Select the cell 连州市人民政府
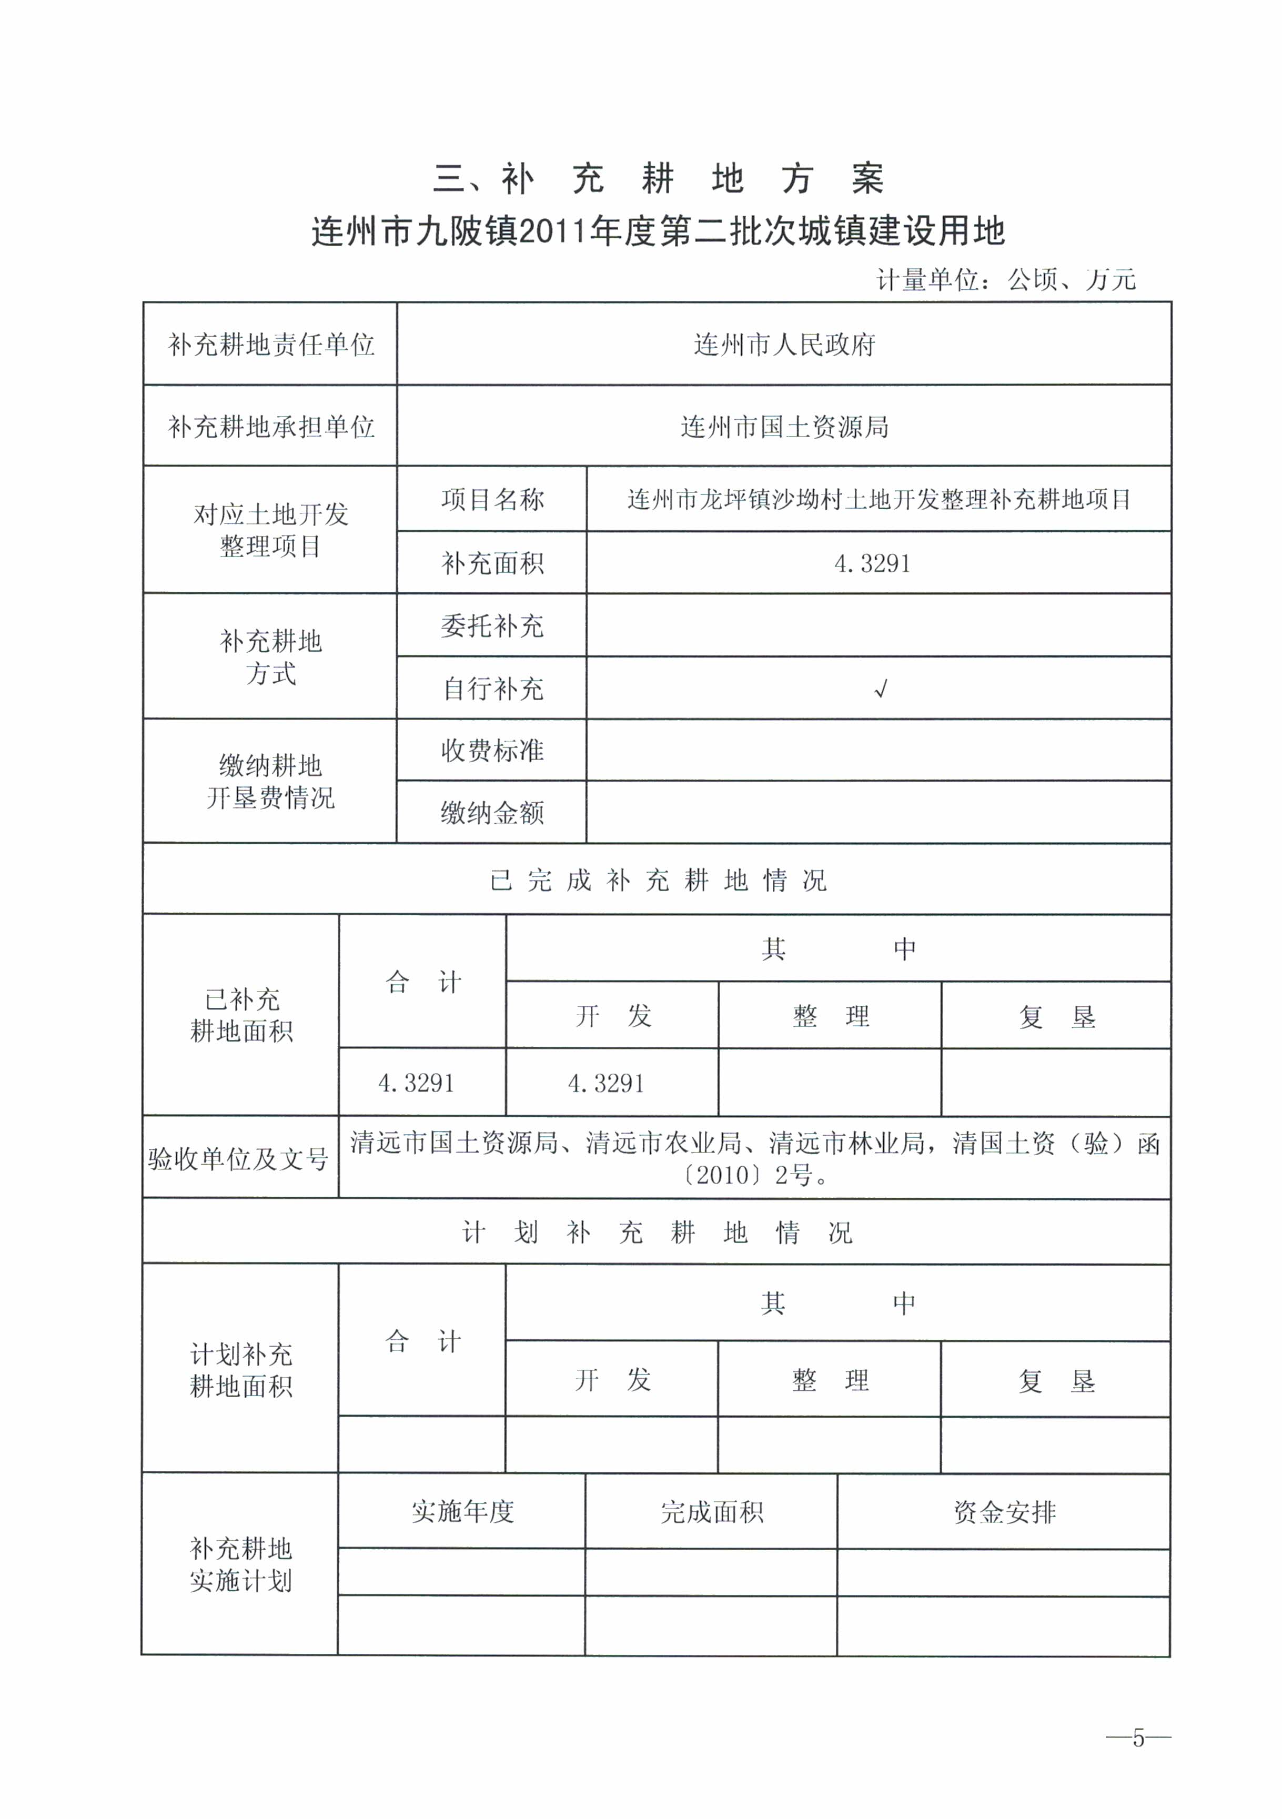pos(784,345)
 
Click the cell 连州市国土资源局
pos(784,427)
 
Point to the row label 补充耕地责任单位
pos(270,345)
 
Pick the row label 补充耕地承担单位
pos(270,427)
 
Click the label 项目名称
pos(492,499)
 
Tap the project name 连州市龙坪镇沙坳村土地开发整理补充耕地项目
pos(879,499)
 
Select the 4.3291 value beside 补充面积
pos(872,563)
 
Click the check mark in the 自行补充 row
pos(880,689)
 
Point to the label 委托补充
pos(492,626)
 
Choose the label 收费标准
pos(492,750)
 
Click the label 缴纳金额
pos(492,813)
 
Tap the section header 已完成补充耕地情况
pos(658,880)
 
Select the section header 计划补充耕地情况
pos(658,1232)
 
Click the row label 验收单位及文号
pos(238,1159)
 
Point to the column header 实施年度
pos(463,1512)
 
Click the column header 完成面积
pos(712,1512)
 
